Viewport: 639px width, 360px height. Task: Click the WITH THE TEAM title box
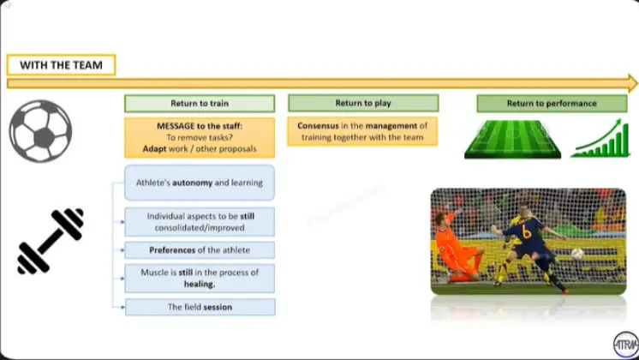(61, 65)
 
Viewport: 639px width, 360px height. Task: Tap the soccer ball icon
(40, 131)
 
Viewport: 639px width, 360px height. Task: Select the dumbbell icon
(51, 241)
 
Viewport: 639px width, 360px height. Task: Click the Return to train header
(200, 104)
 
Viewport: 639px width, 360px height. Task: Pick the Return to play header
(363, 103)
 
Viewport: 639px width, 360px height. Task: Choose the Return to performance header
(552, 104)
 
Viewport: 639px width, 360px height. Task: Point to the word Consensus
(318, 126)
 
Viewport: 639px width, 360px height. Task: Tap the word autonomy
(193, 183)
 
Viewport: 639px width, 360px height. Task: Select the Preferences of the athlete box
(200, 250)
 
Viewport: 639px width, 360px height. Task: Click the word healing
(200, 284)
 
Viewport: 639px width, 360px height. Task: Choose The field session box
(200, 307)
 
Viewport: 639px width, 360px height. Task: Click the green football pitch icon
(513, 139)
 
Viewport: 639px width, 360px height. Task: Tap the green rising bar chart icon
(600, 138)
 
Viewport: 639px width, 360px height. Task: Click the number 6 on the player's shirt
(526, 231)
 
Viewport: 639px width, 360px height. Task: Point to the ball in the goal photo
(576, 254)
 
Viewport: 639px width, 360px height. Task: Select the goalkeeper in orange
(458, 248)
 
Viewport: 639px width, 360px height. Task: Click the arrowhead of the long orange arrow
(633, 83)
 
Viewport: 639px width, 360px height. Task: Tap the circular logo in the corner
(626, 345)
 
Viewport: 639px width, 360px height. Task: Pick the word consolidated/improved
(200, 227)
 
